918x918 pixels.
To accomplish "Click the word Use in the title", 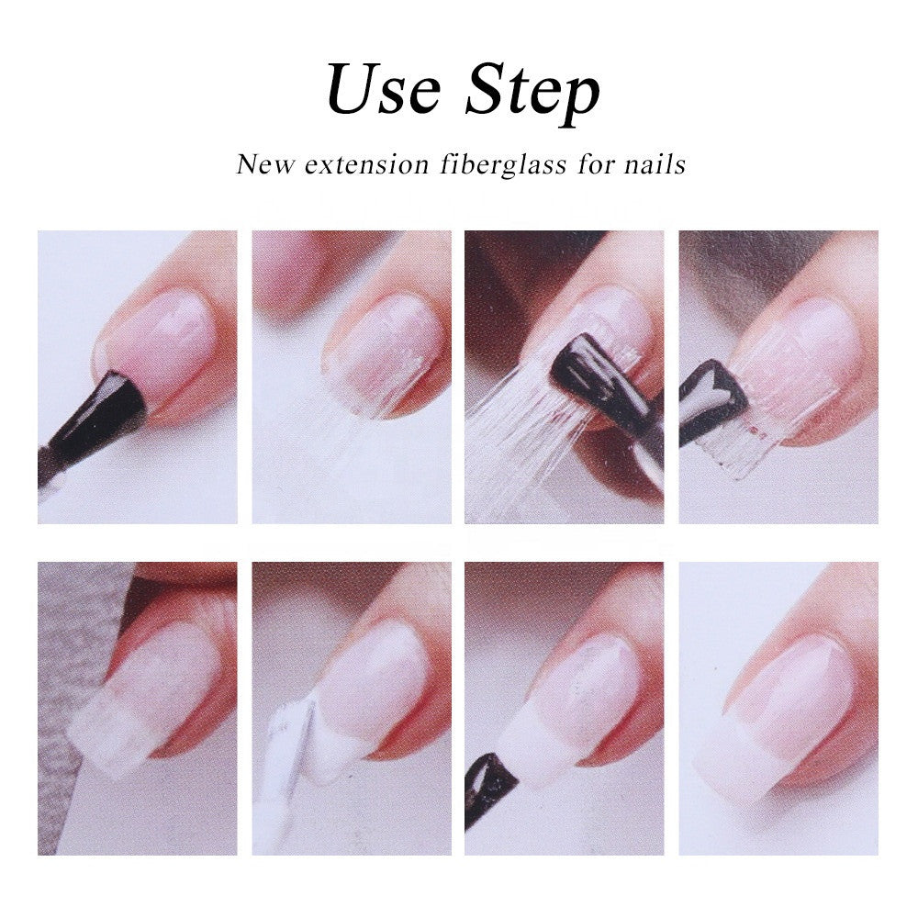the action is click(384, 89).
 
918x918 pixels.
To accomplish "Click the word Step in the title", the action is click(532, 93).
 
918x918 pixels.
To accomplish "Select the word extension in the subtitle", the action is click(367, 165).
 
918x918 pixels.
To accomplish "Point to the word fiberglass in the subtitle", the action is click(503, 165).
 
